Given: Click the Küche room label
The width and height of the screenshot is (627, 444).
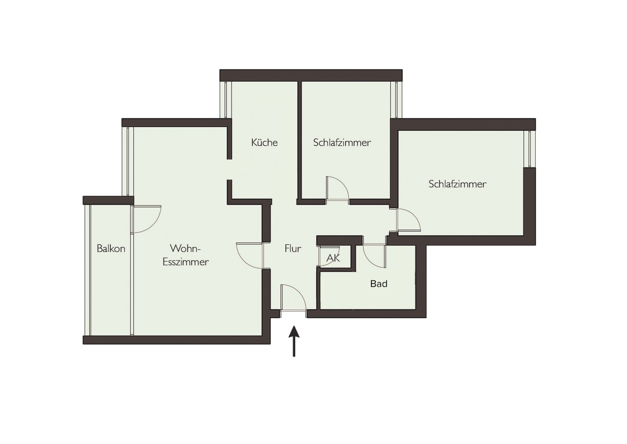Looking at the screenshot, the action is (x=264, y=143).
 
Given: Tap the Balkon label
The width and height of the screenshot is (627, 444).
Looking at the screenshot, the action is (x=111, y=248).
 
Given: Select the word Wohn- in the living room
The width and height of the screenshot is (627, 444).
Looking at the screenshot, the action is (x=185, y=248).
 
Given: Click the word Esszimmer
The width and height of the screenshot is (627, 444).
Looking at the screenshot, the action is (x=185, y=262).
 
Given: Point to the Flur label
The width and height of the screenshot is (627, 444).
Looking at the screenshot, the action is (x=293, y=248).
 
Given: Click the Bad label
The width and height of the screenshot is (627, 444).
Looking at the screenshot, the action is (x=379, y=284).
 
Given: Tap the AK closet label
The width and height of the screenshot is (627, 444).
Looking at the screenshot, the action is (x=333, y=258).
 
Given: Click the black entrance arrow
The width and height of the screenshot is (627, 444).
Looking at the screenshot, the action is (x=294, y=341).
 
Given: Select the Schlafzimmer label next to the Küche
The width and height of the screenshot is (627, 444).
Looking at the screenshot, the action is (x=342, y=143).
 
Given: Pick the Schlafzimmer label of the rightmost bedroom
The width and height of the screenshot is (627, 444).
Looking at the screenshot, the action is (x=457, y=184).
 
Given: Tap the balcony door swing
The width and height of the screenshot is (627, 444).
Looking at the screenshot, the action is (x=146, y=219).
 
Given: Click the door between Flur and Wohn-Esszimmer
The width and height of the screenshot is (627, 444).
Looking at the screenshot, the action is (x=250, y=256).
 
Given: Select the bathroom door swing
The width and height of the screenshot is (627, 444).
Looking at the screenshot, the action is (x=375, y=256).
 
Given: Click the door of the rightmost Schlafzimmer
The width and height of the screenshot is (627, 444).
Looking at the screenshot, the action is (x=409, y=220).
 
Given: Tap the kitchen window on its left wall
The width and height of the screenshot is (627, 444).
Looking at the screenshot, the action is (x=226, y=100).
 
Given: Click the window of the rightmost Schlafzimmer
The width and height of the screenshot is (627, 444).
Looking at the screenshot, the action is (x=530, y=149).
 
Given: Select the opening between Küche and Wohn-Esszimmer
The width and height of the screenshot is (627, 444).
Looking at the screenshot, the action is (x=229, y=169).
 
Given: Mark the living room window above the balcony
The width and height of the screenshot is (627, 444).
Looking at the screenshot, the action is (x=128, y=161).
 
